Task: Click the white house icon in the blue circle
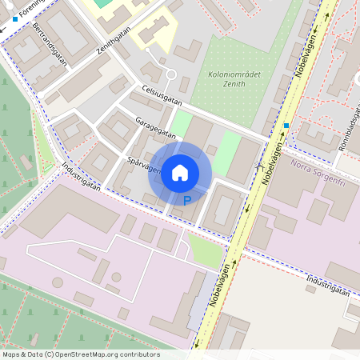point(180,171)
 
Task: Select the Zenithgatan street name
point(113,37)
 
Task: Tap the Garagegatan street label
point(156,127)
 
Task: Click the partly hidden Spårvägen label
point(143,166)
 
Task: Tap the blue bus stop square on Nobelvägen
point(286,126)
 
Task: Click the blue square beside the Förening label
point(15,18)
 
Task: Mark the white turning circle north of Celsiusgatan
point(170,75)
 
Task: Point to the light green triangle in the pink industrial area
point(204,250)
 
